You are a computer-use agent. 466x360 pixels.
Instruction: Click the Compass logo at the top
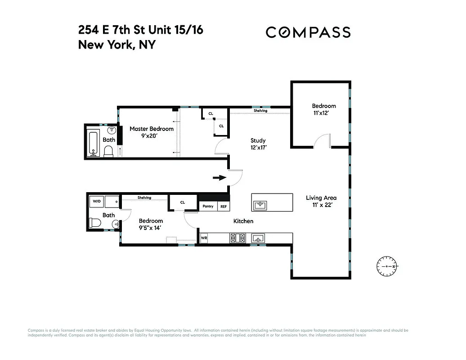(x=308, y=32)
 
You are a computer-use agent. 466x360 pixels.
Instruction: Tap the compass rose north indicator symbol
(x=387, y=266)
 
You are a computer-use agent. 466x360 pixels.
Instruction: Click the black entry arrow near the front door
(x=219, y=178)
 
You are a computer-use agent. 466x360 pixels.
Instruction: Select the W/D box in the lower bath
(x=97, y=202)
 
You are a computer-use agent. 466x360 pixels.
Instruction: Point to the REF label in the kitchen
(x=224, y=206)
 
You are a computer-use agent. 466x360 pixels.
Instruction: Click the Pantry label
(x=208, y=206)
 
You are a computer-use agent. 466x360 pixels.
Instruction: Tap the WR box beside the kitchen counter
(x=204, y=238)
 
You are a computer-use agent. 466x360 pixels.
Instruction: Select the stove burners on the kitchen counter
(x=237, y=238)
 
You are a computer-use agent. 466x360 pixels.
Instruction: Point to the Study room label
(x=258, y=140)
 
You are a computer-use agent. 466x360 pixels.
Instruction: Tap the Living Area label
(x=321, y=198)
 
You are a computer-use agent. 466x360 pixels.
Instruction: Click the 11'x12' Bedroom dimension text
(x=324, y=113)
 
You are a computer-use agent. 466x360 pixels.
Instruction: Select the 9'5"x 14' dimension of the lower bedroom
(x=151, y=228)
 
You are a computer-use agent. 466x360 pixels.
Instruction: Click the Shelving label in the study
(x=260, y=111)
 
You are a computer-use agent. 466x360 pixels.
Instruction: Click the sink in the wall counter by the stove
(x=259, y=238)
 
